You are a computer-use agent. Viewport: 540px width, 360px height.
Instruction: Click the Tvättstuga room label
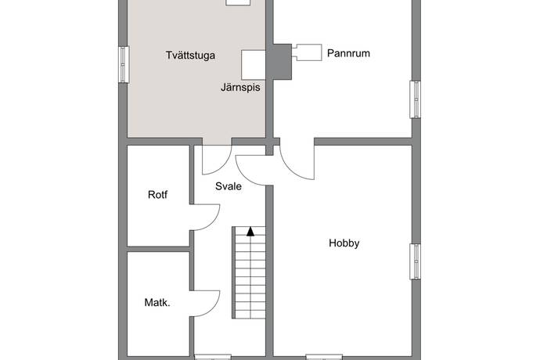click(190, 56)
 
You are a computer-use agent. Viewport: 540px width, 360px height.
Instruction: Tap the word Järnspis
click(240, 88)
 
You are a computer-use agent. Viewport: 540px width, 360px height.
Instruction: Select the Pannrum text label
click(348, 53)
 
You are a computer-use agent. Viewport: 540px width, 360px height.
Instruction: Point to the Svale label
click(229, 186)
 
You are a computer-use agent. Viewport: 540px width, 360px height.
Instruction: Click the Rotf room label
click(158, 195)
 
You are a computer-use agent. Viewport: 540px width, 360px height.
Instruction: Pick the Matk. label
click(157, 303)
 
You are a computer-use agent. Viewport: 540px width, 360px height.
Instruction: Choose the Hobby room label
click(344, 243)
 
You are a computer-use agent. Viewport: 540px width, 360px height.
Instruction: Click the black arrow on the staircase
click(250, 232)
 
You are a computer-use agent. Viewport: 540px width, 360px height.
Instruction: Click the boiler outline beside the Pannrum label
click(308, 52)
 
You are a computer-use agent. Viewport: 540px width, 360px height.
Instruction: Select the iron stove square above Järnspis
click(253, 65)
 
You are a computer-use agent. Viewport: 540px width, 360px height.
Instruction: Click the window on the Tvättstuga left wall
click(124, 64)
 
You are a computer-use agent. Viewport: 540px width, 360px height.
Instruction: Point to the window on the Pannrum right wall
click(415, 99)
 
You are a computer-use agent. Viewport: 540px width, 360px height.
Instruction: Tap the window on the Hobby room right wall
click(415, 261)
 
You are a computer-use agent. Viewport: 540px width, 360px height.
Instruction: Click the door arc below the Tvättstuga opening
click(223, 166)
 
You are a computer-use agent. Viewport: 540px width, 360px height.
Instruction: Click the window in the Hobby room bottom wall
click(324, 357)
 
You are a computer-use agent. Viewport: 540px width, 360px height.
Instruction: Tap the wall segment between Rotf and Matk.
click(158, 249)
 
